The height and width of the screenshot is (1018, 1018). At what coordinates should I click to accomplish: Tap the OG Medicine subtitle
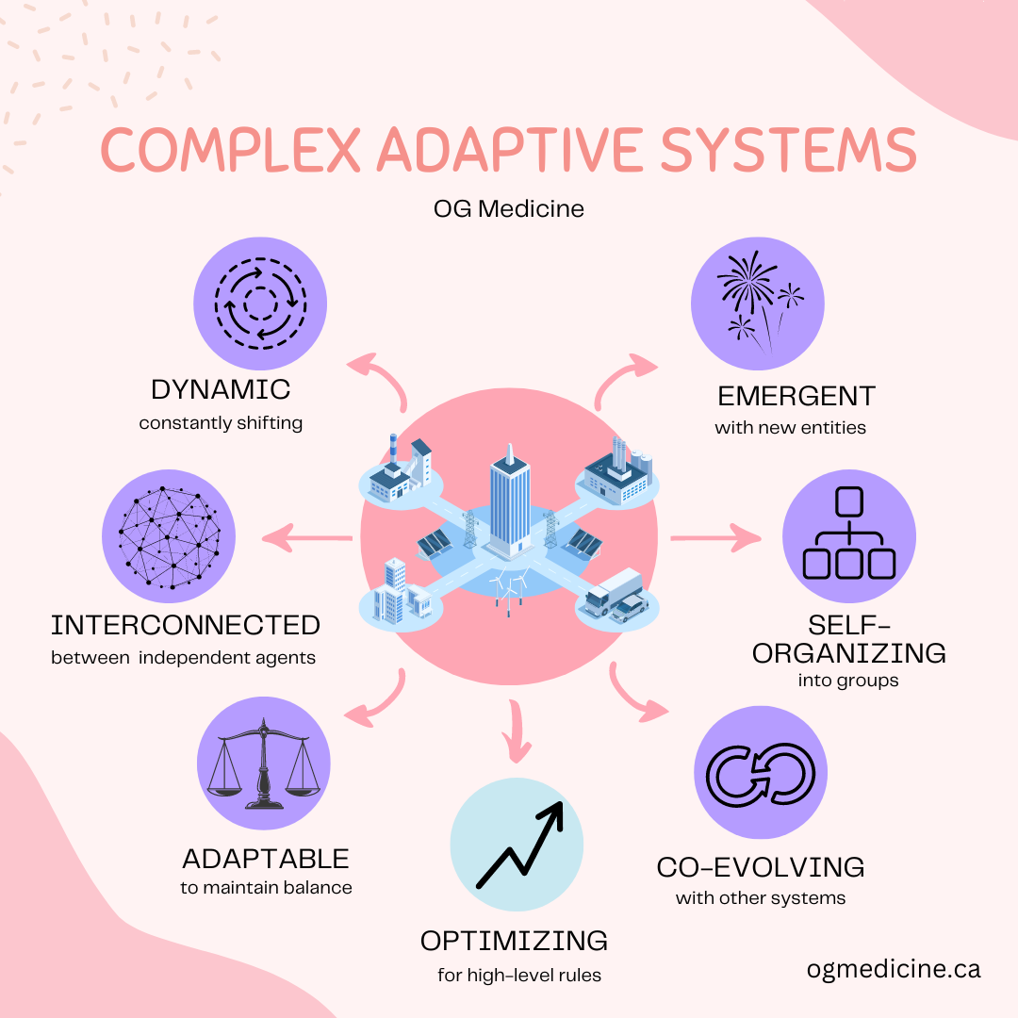click(x=509, y=207)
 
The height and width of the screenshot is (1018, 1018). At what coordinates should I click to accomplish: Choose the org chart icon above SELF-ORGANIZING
click(x=848, y=535)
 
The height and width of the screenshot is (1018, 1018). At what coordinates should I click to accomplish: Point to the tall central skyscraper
click(x=508, y=503)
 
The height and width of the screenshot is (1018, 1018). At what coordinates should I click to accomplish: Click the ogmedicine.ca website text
click(x=894, y=968)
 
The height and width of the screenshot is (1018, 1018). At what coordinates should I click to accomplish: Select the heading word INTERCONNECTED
click(x=186, y=625)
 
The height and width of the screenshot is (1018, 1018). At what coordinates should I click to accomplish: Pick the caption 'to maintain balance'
click(x=266, y=887)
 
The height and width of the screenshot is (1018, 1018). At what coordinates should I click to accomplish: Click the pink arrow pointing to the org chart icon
click(x=714, y=539)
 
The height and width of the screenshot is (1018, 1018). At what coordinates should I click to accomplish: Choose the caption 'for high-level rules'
click(x=519, y=975)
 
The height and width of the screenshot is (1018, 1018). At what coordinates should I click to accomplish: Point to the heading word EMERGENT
click(x=796, y=395)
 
